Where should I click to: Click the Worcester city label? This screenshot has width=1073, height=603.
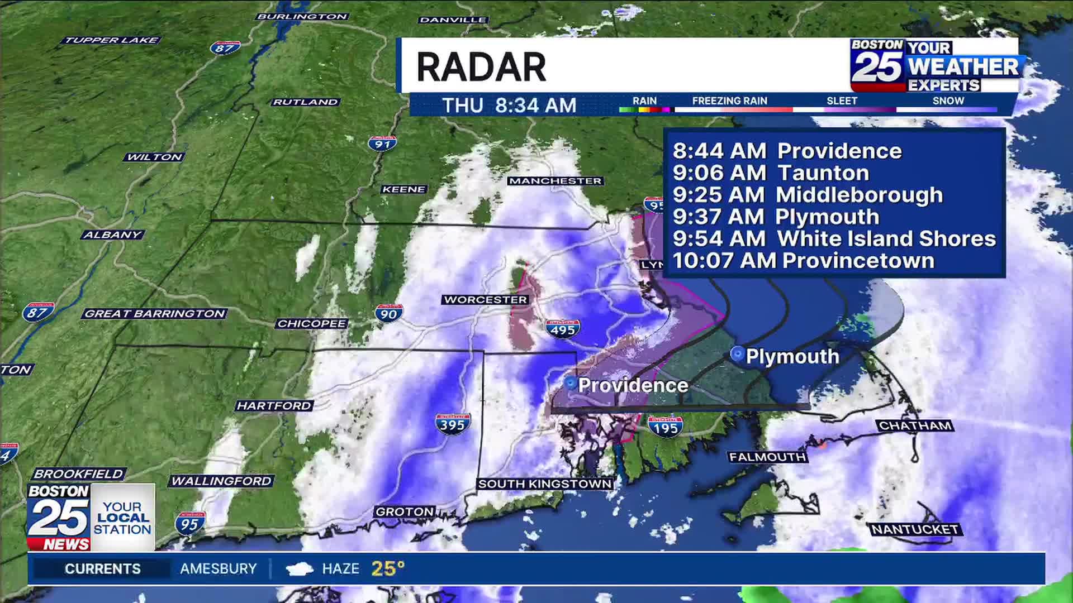click(486, 300)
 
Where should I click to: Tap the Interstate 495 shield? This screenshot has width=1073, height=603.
click(562, 329)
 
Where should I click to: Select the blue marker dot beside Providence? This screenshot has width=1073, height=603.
click(570, 383)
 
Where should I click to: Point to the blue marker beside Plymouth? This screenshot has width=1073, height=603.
click(737, 354)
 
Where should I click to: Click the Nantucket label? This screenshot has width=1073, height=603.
click(915, 529)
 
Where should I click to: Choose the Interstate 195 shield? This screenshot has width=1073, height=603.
click(665, 427)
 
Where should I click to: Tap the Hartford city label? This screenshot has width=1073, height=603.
click(274, 406)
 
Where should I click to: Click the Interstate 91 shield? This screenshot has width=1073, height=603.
click(382, 143)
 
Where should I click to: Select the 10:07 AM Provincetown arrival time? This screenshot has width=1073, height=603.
click(803, 261)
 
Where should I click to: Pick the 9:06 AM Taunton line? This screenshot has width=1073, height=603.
click(771, 173)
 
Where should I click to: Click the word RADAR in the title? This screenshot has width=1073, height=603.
click(481, 67)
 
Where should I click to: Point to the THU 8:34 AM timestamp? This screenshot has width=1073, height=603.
click(509, 105)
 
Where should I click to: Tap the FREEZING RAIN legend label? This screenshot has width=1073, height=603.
click(729, 101)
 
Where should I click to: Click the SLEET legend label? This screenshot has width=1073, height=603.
click(842, 101)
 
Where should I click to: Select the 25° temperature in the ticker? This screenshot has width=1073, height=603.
click(387, 568)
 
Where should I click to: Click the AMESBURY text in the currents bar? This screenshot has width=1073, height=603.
click(218, 568)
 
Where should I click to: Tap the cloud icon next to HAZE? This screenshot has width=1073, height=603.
click(299, 569)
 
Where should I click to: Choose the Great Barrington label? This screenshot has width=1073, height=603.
click(155, 314)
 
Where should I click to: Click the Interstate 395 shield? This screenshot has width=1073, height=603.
click(452, 424)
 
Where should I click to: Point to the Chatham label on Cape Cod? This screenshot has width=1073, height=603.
click(915, 426)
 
